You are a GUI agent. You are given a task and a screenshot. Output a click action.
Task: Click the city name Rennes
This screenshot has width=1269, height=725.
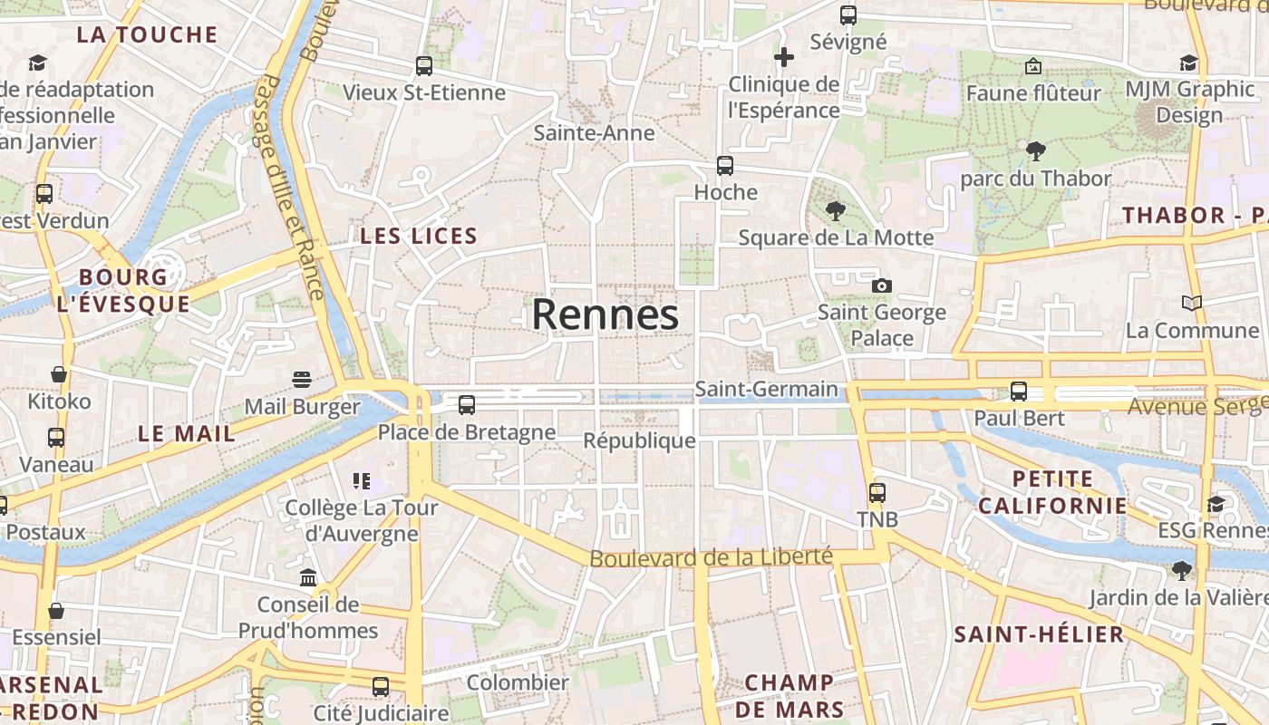[605, 314]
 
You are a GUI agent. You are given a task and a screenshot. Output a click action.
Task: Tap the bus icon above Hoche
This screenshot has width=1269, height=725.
[724, 166]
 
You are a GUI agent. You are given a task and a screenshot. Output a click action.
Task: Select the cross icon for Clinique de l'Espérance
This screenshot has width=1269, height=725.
[784, 58]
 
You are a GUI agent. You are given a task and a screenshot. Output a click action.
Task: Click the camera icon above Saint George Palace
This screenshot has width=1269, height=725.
[881, 285]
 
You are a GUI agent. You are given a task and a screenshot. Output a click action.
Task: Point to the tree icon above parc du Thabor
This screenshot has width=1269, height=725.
[1035, 151]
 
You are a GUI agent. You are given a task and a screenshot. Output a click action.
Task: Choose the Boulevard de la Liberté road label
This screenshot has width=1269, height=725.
[711, 556]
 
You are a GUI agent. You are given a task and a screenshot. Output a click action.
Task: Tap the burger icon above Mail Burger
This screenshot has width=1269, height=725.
[302, 379]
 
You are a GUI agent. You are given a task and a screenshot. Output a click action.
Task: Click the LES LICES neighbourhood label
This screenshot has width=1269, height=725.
[419, 237]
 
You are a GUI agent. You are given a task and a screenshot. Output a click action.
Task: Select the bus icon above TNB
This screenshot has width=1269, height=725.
[877, 493]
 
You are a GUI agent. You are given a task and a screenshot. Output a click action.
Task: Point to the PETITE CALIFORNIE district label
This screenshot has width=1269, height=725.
[1052, 492]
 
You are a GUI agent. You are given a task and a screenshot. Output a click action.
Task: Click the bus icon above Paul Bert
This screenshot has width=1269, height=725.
[1019, 391]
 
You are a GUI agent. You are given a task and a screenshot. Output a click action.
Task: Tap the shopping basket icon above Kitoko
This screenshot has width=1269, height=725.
[59, 374]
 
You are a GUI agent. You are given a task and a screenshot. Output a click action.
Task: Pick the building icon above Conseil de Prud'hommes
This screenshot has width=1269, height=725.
[308, 577]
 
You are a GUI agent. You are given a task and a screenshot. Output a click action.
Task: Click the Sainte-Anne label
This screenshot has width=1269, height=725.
[594, 133]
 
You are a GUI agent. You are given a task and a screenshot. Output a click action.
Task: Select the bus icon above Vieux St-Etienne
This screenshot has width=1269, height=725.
[423, 65]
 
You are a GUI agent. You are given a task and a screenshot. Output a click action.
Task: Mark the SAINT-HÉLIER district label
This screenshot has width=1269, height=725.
[1039, 634]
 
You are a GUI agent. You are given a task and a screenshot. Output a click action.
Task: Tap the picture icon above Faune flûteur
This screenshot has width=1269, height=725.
[1033, 66]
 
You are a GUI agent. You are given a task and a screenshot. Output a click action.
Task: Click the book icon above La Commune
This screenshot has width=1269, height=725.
[1192, 303]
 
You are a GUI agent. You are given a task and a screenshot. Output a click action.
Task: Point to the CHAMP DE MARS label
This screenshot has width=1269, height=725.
[789, 695]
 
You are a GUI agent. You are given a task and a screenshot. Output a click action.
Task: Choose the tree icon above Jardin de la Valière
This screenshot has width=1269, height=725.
[1180, 570]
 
